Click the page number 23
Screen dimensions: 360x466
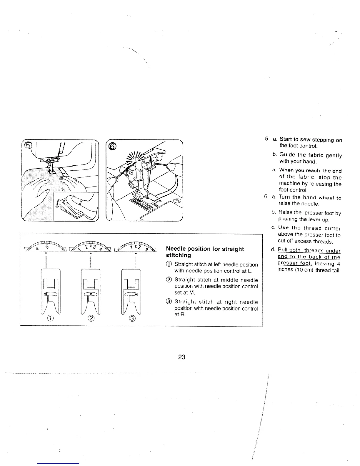pyautogui.click(x=181, y=357)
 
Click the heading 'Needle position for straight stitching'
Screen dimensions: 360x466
pyautogui.click(x=205, y=252)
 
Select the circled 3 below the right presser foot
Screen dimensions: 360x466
pyautogui.click(x=132, y=318)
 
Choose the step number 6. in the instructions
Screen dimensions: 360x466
pyautogui.click(x=266, y=197)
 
